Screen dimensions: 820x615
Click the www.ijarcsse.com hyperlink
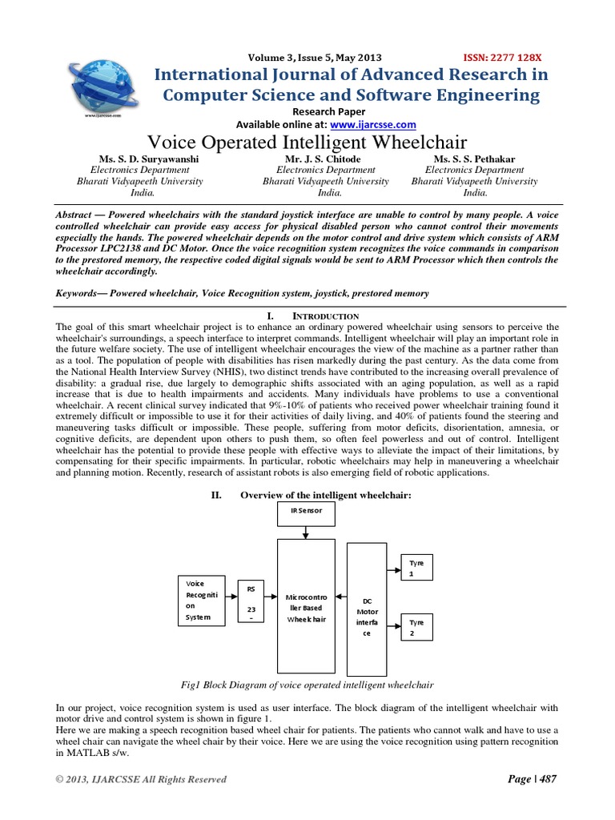[x=374, y=125]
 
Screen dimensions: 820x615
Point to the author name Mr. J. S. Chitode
[x=325, y=159]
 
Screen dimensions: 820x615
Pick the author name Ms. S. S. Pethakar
[x=474, y=159]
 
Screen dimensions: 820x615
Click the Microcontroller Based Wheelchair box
[x=306, y=608]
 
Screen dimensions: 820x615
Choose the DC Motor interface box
[x=367, y=609]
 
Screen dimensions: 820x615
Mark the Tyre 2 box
[x=416, y=625]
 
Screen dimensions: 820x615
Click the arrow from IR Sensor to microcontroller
[x=307, y=533]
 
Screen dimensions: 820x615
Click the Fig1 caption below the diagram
[x=307, y=685]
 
